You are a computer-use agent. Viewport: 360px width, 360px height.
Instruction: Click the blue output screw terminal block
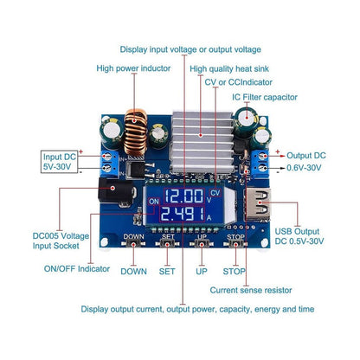(258, 161)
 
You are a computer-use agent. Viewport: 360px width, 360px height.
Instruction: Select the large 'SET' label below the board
(167, 271)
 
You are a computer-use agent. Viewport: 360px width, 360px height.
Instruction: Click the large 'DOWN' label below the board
(133, 271)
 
